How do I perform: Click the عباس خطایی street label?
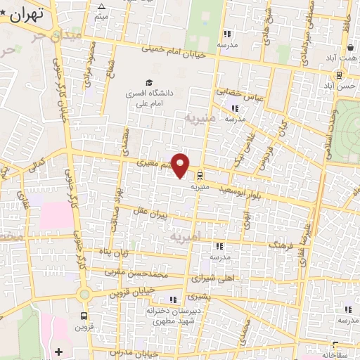[238, 94]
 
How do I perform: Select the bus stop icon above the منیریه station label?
[202, 176]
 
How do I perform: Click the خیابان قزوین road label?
[133, 291]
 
